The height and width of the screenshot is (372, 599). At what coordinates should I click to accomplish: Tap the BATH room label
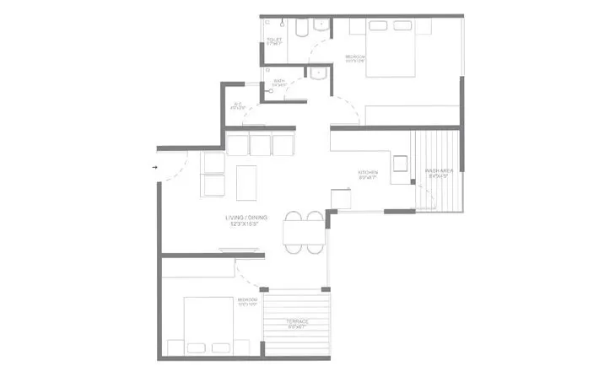tap(280, 83)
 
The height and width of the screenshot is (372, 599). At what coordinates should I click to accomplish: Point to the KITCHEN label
tap(368, 174)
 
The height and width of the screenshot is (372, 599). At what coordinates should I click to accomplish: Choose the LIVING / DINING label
tap(246, 220)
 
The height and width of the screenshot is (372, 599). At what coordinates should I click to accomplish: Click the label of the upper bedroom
tap(355, 57)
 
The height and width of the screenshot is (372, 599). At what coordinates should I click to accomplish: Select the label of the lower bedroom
tap(248, 299)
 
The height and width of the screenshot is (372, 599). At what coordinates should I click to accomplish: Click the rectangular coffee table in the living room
tap(246, 180)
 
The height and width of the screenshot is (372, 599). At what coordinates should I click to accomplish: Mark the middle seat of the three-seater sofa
tap(261, 145)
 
